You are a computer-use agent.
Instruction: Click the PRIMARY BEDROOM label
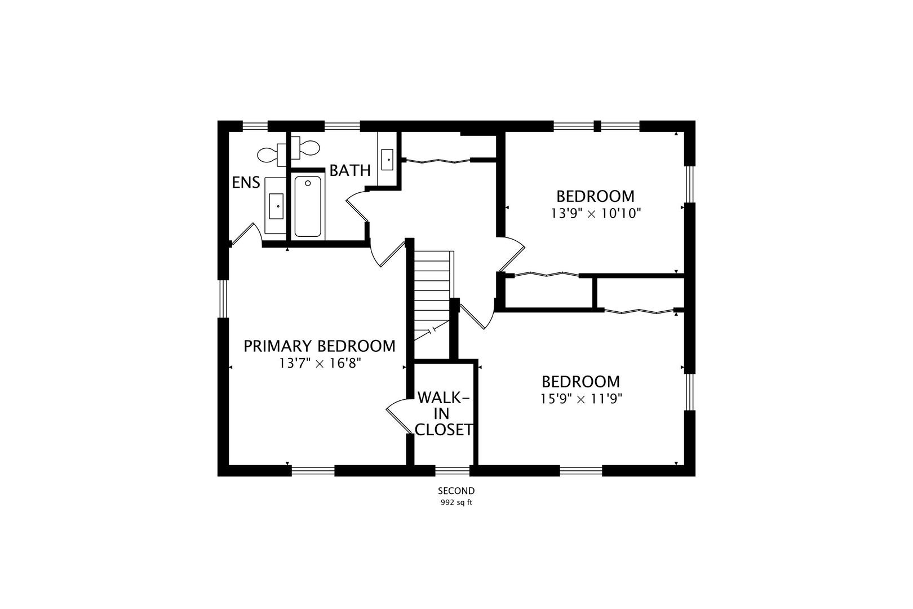(x=320, y=346)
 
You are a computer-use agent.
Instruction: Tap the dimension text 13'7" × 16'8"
(x=320, y=363)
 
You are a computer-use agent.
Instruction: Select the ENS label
(x=246, y=182)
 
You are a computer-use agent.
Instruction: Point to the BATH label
(x=350, y=170)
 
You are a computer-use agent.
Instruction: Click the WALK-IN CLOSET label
(x=444, y=414)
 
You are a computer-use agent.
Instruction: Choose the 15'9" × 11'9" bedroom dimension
(x=581, y=399)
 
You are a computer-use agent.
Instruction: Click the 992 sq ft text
(x=456, y=503)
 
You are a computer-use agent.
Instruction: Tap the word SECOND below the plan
(x=456, y=491)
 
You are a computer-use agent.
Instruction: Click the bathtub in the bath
(x=308, y=206)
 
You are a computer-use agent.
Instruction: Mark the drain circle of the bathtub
(x=308, y=183)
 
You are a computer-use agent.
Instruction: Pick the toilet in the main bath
(x=305, y=148)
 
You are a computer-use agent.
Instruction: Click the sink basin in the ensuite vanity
(x=276, y=206)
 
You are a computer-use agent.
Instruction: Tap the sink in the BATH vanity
(x=387, y=160)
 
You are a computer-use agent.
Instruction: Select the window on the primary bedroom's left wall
(x=223, y=299)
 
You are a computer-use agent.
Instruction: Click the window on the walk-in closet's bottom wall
(x=452, y=471)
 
